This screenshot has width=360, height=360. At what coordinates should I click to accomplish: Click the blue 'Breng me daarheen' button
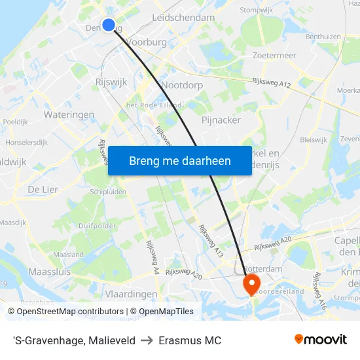179,161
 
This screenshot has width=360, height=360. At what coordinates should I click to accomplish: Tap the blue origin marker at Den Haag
109,26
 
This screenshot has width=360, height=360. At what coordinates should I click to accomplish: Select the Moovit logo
321,340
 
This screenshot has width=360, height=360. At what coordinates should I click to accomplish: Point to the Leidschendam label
183,18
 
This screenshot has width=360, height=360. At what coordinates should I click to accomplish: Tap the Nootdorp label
182,85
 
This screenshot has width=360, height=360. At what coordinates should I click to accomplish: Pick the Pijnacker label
221,120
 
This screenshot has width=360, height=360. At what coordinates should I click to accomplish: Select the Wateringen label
69,115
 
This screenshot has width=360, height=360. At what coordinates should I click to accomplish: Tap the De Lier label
43,189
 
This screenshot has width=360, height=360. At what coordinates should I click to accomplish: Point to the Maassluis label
48,270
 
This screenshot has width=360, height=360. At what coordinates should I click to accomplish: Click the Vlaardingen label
132,294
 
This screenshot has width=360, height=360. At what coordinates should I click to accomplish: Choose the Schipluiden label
108,192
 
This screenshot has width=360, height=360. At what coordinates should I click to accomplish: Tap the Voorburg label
147,42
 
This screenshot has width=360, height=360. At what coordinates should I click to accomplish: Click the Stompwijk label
257,10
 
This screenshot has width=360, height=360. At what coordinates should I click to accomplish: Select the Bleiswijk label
313,139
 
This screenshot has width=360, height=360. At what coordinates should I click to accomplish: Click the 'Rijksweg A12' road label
271,82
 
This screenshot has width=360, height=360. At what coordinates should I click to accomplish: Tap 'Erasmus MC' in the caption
190,340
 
